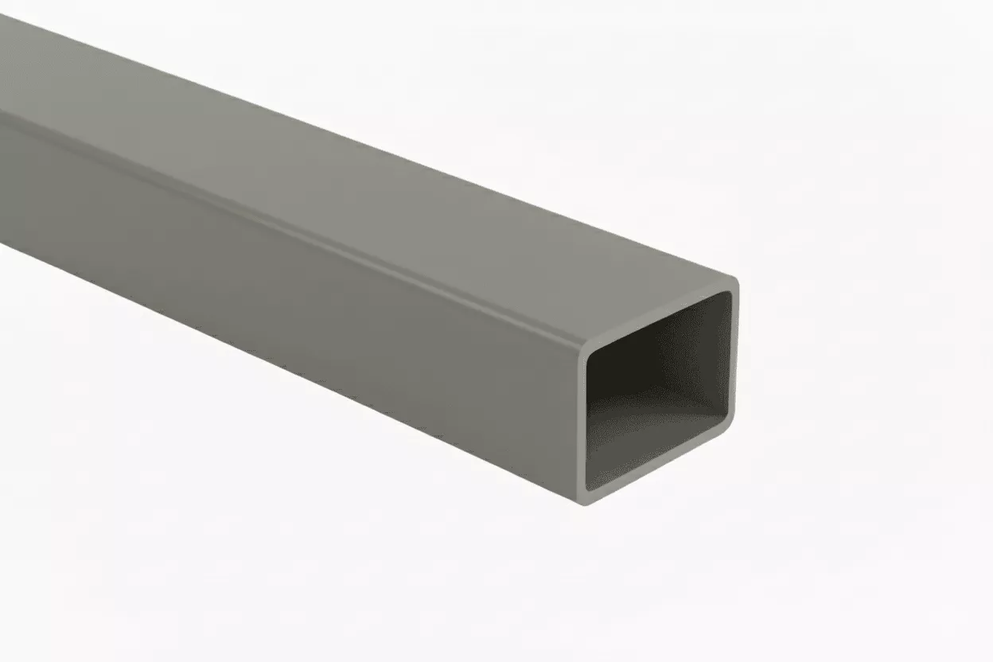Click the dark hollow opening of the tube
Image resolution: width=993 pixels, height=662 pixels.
coord(659,390)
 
